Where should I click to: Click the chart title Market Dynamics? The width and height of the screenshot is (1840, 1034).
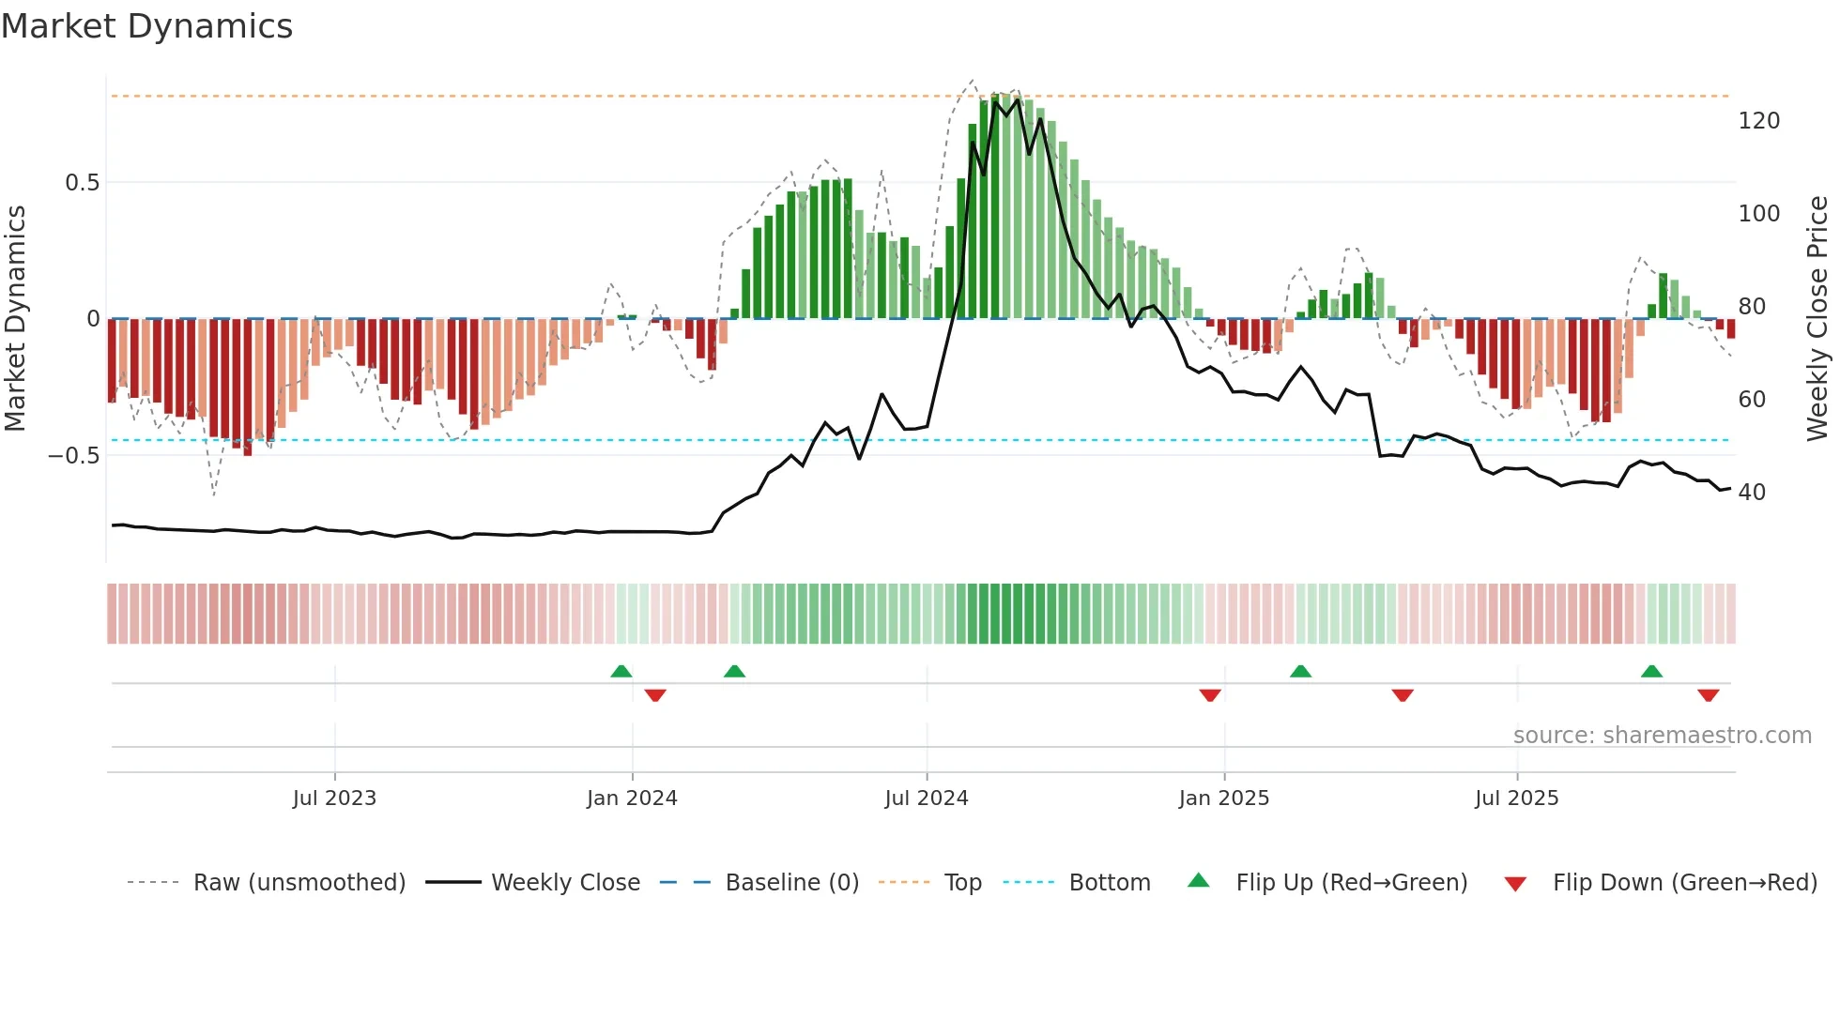[147, 26]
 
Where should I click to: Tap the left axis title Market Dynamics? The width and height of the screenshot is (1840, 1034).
[16, 318]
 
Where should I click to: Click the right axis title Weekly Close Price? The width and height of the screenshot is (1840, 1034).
[1817, 318]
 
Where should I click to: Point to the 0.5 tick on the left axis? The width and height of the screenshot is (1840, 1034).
[82, 183]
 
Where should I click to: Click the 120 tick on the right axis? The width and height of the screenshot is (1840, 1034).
[1758, 121]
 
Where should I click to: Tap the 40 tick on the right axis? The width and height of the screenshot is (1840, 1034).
[1751, 493]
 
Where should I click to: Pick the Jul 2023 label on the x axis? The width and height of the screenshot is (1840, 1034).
[334, 798]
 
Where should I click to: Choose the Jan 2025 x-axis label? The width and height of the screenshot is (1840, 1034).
[1223, 798]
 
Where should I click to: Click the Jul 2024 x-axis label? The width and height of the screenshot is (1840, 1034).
[926, 798]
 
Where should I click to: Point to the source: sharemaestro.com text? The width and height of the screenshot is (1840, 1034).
[1662, 736]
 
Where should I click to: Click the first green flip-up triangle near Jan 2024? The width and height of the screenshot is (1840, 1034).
[621, 672]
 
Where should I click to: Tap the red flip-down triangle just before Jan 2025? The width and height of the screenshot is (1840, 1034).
[1210, 695]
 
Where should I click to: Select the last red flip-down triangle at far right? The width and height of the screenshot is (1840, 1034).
[1708, 695]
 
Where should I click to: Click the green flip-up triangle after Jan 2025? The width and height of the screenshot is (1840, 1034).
[1300, 672]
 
